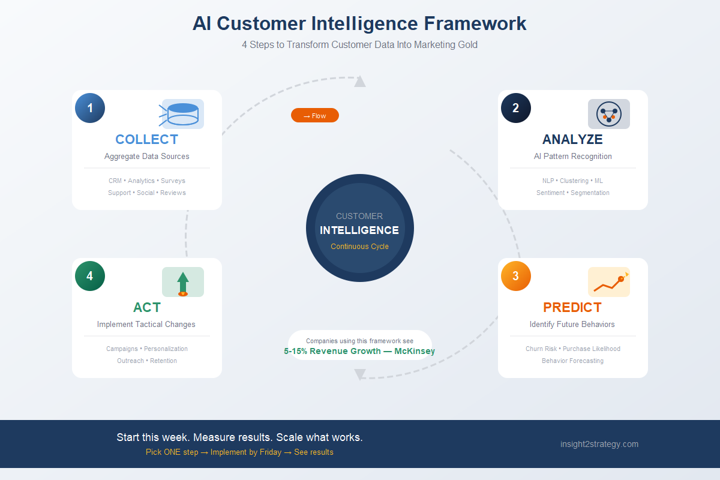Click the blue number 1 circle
click(90, 108)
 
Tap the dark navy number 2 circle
click(516, 108)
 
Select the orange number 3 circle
click(516, 276)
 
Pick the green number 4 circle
click(90, 276)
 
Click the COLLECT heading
click(146, 139)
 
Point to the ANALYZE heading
click(572, 139)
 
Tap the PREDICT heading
click(572, 307)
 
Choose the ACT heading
click(146, 307)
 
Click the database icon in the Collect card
click(183, 114)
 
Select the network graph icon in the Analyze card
click(609, 114)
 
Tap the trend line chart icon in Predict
click(609, 282)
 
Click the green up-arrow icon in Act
click(183, 282)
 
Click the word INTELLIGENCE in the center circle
click(359, 230)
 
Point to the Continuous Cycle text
click(359, 247)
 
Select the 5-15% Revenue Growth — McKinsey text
click(359, 351)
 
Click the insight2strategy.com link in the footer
click(599, 444)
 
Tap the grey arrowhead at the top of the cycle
click(360, 82)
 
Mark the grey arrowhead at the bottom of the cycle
click(360, 375)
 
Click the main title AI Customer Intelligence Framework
click(359, 23)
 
